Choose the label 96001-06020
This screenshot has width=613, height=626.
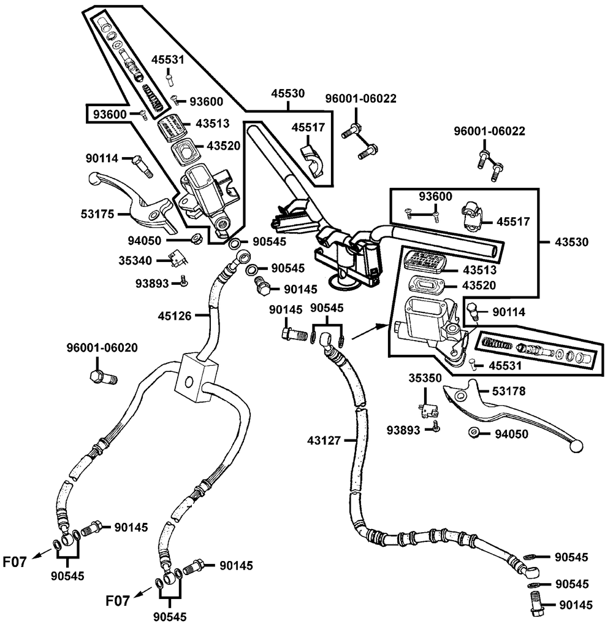coord(102,348)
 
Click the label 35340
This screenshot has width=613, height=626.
coord(135,260)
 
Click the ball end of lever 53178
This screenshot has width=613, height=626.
coord(576,446)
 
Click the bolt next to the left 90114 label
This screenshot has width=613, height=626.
coord(141,164)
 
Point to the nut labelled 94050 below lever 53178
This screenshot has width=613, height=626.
coord(474,433)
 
